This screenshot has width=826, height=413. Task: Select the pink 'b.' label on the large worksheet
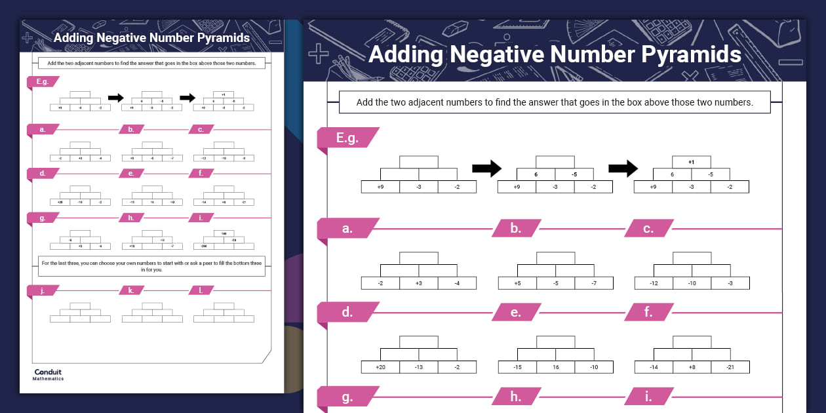516,229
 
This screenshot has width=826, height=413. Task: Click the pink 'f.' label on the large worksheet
648,313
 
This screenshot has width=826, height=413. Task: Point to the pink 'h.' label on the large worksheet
516,397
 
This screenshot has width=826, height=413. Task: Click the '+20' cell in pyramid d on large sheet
380,367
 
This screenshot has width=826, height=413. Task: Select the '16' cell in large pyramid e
555,367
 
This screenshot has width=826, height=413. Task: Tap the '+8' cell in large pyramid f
692,367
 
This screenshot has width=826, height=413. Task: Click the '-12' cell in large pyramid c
654,283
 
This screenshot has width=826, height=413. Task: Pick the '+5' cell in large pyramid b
517,283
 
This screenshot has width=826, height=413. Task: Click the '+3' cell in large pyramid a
419,283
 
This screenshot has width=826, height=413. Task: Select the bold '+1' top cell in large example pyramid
692,162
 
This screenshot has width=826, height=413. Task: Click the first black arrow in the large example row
486,168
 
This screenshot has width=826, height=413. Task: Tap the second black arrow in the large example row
623,168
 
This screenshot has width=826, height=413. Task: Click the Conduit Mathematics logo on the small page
49,374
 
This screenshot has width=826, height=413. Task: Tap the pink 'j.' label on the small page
43,290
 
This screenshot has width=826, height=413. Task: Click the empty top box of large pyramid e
555,342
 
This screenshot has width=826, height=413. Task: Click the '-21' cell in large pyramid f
730,367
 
